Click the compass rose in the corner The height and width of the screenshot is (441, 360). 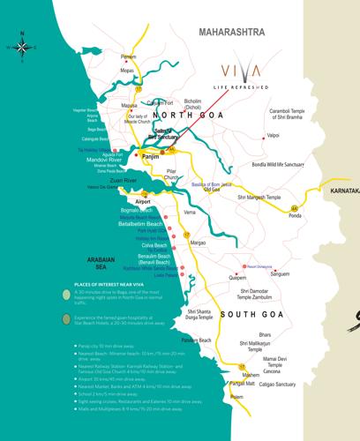point(22,47)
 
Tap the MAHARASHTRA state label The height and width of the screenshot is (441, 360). point(232,32)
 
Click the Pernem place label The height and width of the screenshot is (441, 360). point(129,56)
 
